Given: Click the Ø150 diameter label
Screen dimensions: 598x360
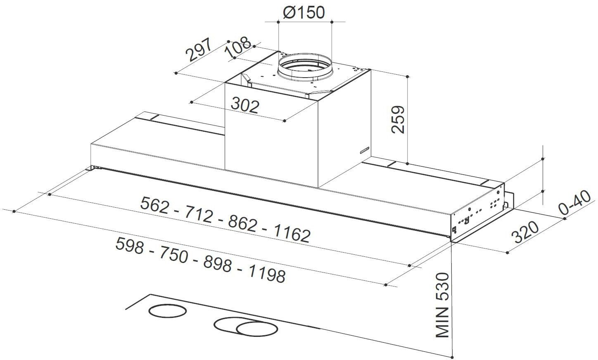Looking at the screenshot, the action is click(304, 12).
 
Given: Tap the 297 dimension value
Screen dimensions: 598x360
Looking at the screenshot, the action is click(199, 50).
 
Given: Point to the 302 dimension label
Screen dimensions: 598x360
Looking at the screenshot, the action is click(245, 105).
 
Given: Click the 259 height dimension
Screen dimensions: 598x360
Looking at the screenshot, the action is click(398, 120).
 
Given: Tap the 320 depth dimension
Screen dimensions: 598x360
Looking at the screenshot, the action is click(525, 232).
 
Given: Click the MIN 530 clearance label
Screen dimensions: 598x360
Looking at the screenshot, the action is click(442, 305).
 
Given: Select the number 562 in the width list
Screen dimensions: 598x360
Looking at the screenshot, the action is click(154, 205).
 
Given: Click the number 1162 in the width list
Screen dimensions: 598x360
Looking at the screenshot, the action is click(292, 234).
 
